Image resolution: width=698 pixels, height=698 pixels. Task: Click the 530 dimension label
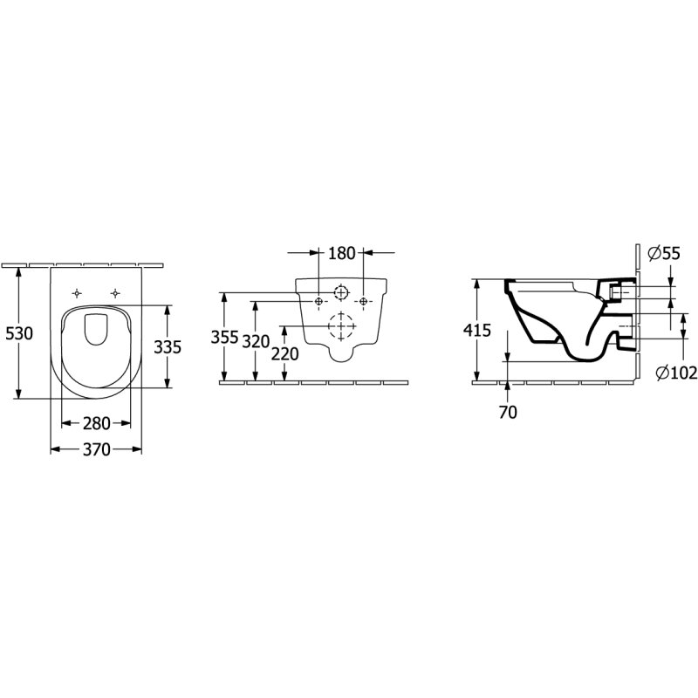coord(19,333)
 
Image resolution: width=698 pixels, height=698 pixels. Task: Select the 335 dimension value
coord(168,346)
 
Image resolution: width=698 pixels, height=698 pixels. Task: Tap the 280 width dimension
coord(97,423)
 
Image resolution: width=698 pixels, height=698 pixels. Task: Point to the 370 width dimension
coord(97,449)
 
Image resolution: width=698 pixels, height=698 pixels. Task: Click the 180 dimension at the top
coord(342,253)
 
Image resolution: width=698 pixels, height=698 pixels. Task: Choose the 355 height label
coord(224,337)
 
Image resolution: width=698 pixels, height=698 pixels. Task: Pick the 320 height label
coord(256,341)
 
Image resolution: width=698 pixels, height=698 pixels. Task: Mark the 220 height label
coord(285,354)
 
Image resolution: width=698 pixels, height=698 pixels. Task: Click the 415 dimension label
coord(477,330)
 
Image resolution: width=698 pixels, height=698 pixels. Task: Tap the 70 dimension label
coord(508,413)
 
